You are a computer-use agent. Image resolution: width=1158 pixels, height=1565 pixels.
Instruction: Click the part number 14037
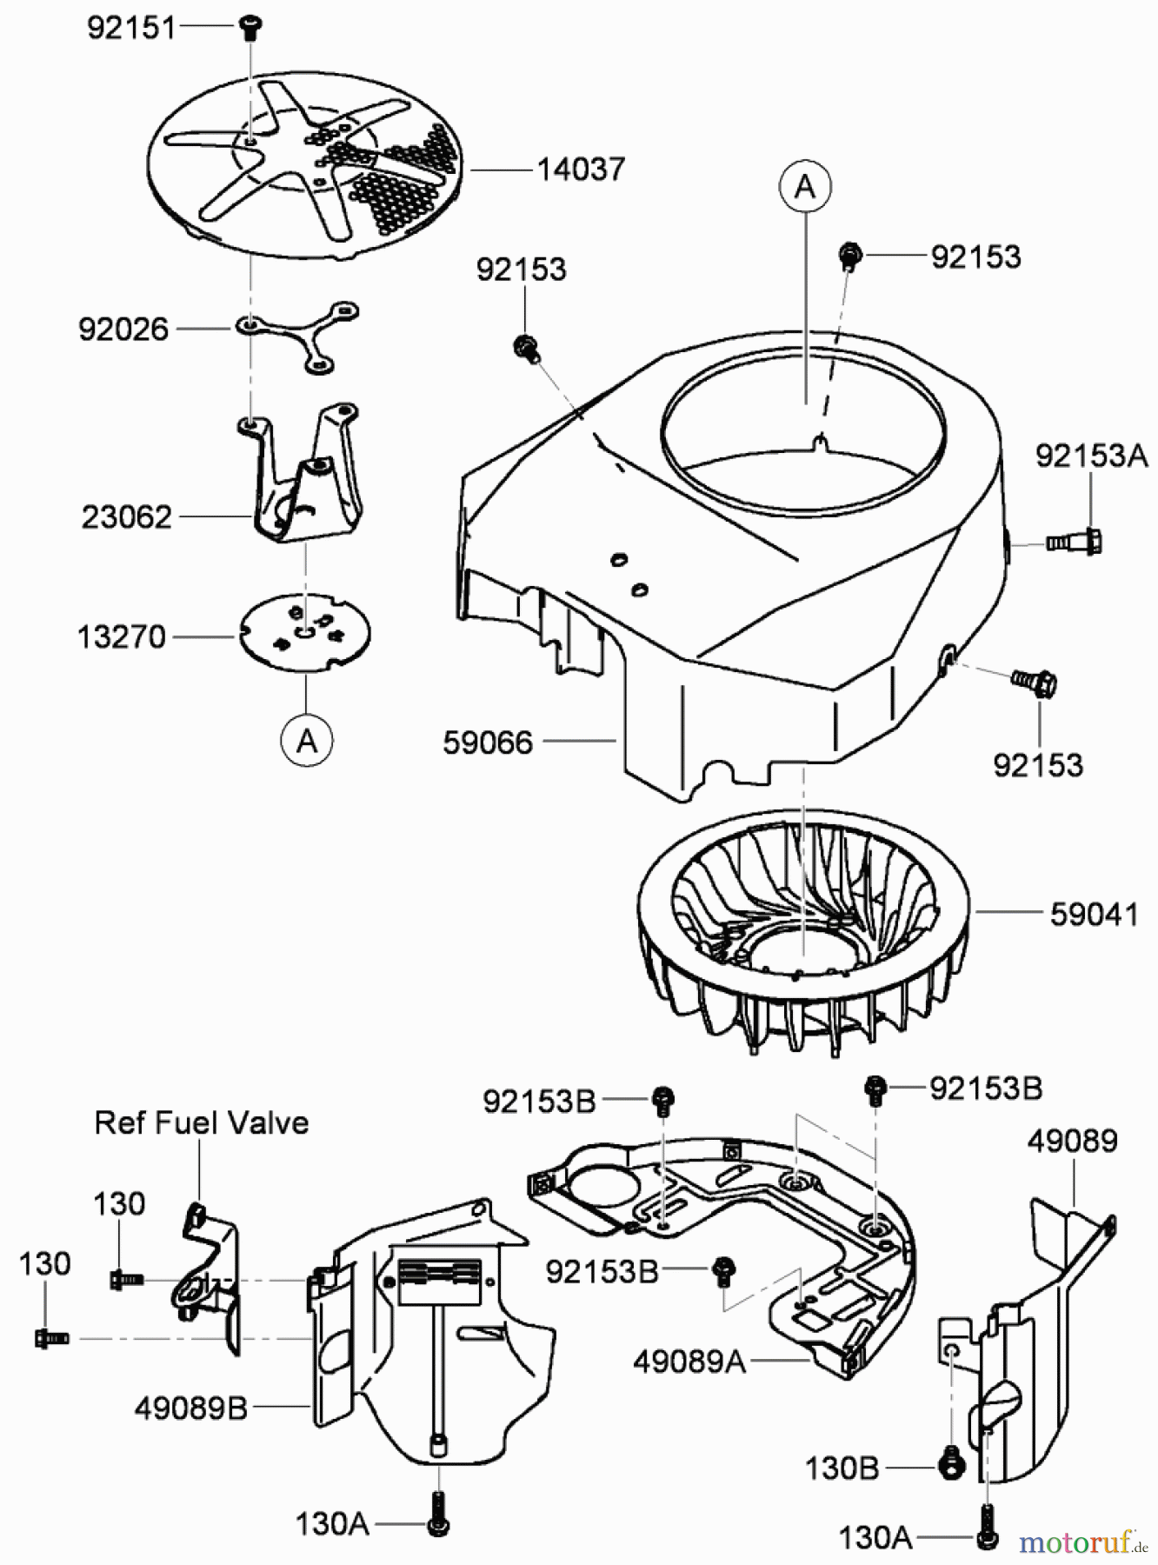click(580, 169)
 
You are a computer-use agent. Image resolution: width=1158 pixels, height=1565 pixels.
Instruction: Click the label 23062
click(127, 517)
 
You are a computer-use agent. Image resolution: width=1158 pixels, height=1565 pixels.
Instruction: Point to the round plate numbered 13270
click(305, 633)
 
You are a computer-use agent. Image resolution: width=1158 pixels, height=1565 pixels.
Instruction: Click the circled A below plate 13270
click(306, 741)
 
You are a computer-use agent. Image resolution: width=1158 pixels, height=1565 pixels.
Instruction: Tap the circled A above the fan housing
click(805, 186)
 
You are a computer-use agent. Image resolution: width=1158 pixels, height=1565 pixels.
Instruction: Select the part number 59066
click(487, 743)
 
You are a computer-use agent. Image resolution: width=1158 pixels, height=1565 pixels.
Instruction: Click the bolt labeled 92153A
click(1078, 542)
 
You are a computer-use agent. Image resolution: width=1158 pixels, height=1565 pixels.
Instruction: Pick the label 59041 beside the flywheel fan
click(1094, 914)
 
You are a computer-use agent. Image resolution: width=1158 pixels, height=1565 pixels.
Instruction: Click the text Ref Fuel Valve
click(201, 1122)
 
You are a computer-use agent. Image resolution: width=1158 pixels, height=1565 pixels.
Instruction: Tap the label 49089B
click(191, 1408)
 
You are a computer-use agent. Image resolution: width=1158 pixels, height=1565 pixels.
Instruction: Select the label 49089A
click(689, 1362)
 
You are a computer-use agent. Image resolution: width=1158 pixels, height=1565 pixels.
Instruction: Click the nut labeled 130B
click(952, 1467)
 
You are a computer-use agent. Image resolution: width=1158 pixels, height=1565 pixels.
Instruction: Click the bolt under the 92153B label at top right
click(875, 1089)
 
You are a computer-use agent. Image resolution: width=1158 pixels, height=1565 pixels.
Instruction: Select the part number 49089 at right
click(1072, 1141)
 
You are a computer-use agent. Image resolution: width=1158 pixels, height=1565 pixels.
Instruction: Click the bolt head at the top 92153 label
click(849, 256)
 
